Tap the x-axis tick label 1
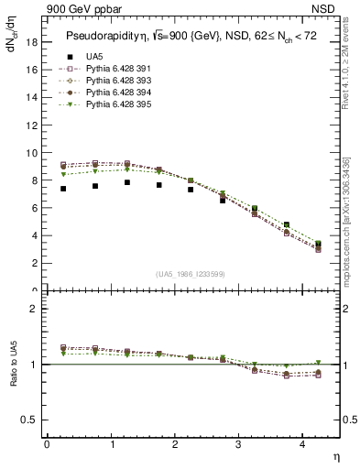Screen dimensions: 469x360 point(112,444)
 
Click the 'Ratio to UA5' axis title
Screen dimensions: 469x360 point(13,377)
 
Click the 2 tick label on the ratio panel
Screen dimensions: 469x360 point(34,309)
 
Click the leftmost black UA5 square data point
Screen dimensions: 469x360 point(63,189)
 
